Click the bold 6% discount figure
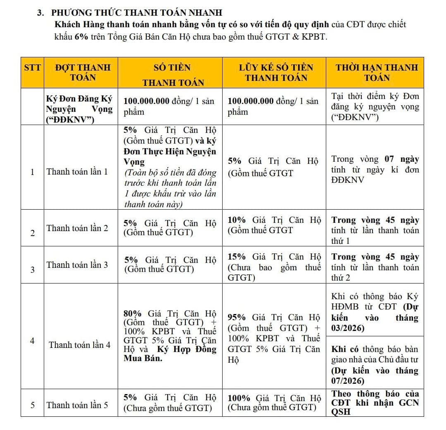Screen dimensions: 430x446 coord(81,37)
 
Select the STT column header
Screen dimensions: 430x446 coord(32,67)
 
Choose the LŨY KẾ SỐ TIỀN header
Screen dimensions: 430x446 coord(276,67)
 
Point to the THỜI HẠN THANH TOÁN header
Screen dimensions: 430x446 coord(377,72)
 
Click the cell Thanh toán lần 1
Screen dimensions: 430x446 coord(77,172)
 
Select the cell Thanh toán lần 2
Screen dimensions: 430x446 coord(77,228)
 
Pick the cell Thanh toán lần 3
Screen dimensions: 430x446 coord(77,265)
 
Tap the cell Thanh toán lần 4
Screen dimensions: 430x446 coord(80,345)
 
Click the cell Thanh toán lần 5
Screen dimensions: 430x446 coord(77,405)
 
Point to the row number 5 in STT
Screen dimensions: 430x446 coord(32,405)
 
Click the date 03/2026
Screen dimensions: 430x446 coord(349,328)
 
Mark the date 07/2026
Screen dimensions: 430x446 coord(348,380)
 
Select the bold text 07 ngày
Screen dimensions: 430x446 coord(402,159)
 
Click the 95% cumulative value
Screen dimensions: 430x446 coord(237,317)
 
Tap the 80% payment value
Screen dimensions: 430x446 coord(133,313)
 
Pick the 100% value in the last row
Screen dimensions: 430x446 coord(239,398)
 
